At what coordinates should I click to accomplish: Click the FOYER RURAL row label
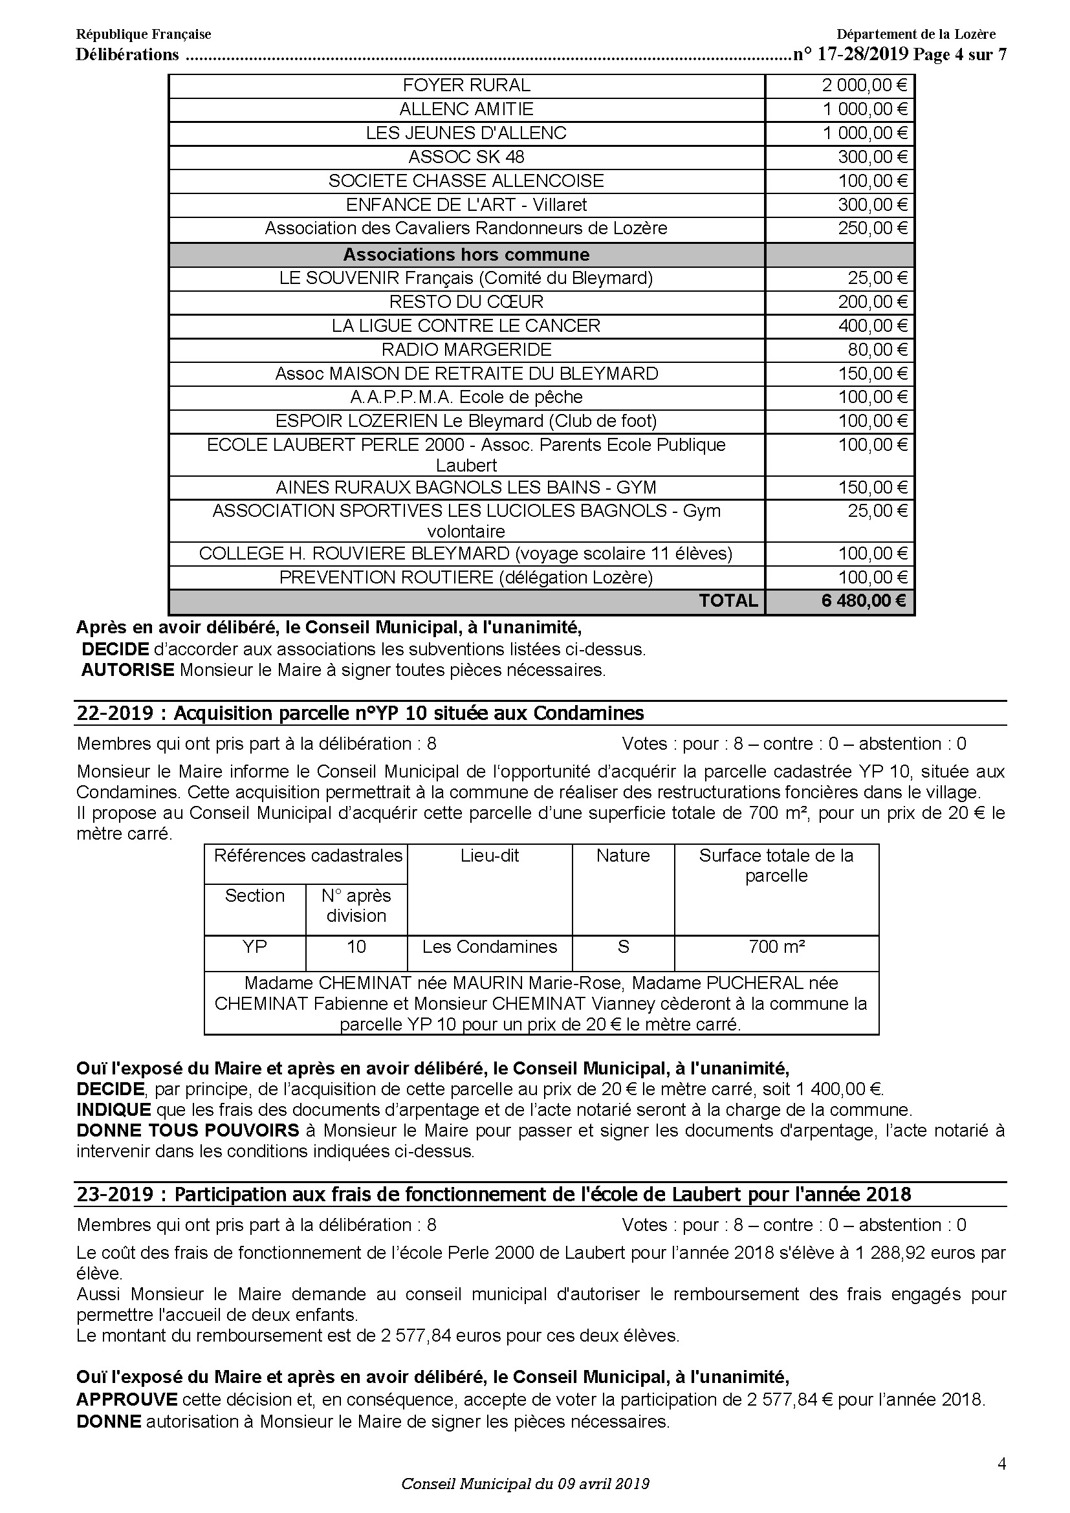pos(466,85)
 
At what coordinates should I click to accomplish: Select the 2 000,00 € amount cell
pos(864,85)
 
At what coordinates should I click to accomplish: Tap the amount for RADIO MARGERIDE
pos(877,350)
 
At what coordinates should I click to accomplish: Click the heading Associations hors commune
pos(466,255)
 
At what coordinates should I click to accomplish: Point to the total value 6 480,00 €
pos(863,601)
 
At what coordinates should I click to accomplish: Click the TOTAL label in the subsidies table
pos(728,601)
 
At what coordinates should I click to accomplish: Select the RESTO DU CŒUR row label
pos(466,303)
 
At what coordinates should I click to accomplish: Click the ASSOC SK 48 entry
pos(466,157)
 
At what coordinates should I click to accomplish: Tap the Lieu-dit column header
pos(490,856)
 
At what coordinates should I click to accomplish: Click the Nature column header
pos(622,856)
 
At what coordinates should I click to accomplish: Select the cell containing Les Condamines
pos(490,947)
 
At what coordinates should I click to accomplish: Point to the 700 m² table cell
pos(776,947)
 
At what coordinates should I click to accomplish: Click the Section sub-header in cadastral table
pos(254,896)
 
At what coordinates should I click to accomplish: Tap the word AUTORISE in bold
pos(127,670)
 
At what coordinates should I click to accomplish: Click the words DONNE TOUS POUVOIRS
pos(188,1131)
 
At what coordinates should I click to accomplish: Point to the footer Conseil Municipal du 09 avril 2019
pos(525,1484)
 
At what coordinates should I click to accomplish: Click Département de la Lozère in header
pos(916,34)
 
